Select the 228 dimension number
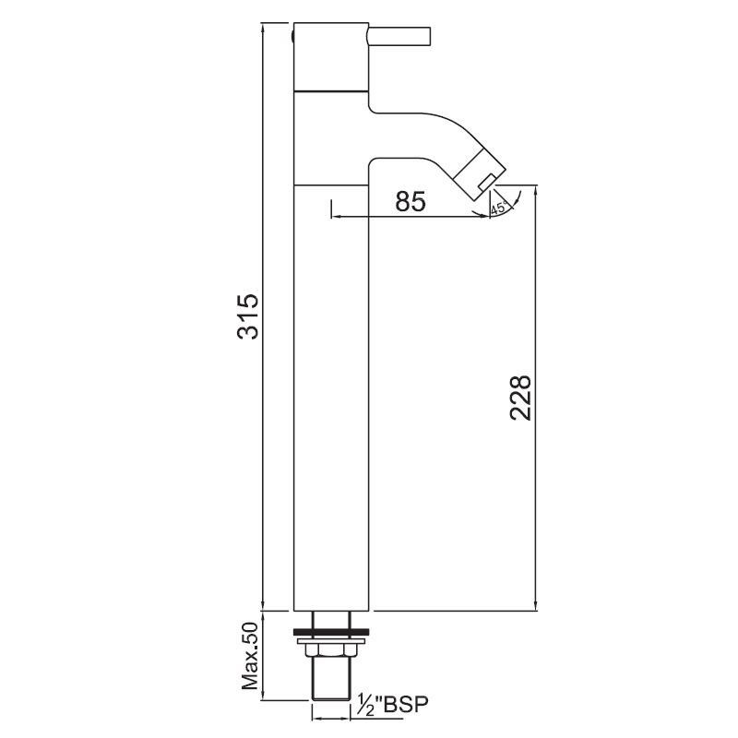pos(521,398)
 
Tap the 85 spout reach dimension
pos(411,201)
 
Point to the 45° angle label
pos(498,209)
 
